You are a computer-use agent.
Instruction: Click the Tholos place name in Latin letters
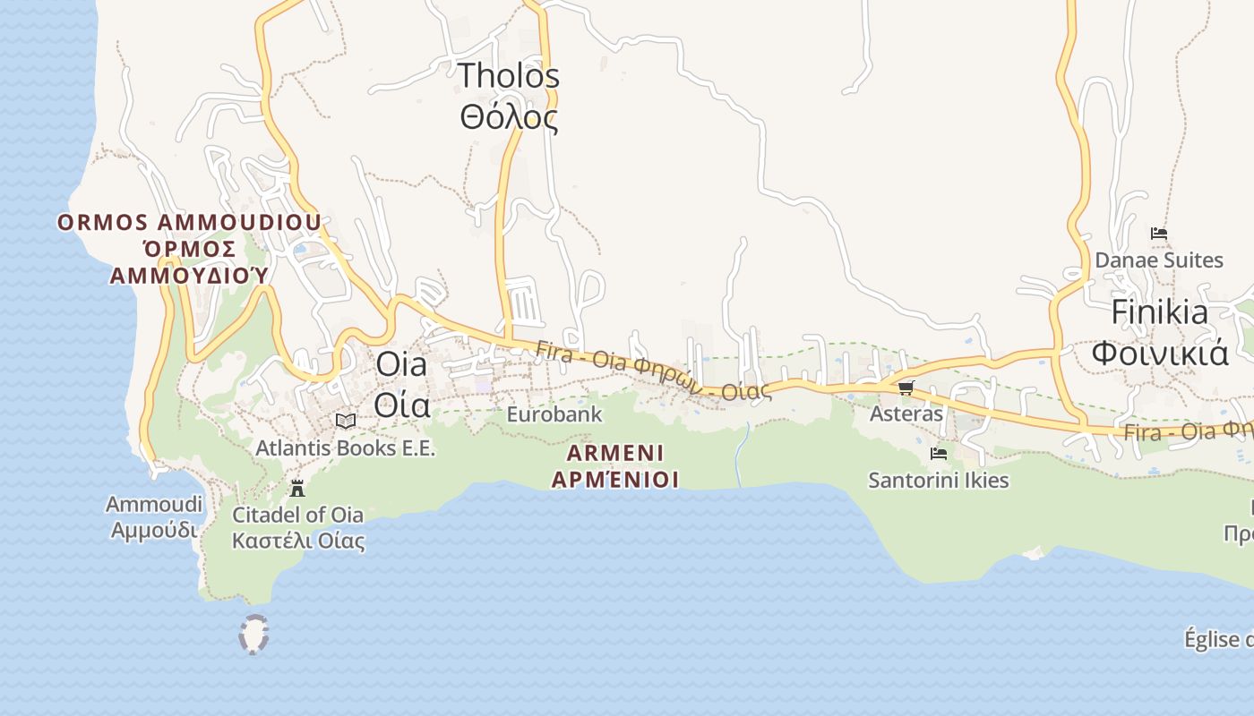(509, 76)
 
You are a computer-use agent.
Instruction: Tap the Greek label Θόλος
(509, 117)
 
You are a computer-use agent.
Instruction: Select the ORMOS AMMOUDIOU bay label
(189, 222)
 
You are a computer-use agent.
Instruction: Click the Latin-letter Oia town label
(403, 365)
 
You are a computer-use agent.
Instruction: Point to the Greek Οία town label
(402, 405)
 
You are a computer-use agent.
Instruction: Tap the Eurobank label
(554, 414)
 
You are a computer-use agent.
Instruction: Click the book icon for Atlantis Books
(345, 421)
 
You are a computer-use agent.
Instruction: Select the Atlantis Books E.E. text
(345, 447)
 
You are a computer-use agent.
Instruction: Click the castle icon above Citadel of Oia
(297, 488)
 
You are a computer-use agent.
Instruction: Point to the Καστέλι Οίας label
(298, 541)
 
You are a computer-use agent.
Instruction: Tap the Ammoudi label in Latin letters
(153, 504)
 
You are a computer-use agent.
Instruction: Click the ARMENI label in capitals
(614, 452)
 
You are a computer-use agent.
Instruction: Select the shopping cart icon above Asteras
(906, 388)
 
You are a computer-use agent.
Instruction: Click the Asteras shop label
(906, 413)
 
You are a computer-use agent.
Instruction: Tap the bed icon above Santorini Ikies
(939, 454)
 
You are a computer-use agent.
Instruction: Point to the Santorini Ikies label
(939, 481)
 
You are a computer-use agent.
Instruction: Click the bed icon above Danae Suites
(1159, 234)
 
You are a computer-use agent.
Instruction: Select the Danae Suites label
(1159, 260)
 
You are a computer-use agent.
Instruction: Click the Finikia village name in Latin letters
(1159, 312)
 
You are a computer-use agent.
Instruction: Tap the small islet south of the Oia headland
(254, 634)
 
